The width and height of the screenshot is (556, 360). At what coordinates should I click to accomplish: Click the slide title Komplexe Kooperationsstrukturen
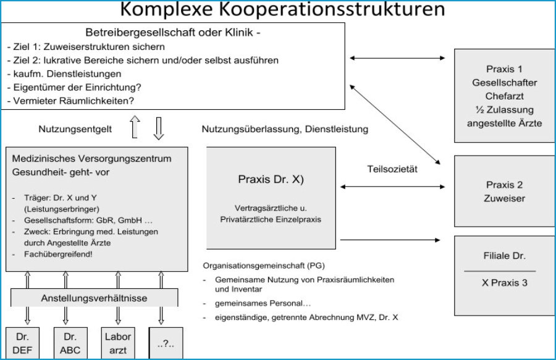click(x=282, y=10)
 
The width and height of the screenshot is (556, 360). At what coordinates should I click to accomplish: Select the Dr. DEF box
click(x=25, y=343)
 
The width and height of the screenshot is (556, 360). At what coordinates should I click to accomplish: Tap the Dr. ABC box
click(x=69, y=343)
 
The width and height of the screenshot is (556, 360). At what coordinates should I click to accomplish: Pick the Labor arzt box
click(x=117, y=343)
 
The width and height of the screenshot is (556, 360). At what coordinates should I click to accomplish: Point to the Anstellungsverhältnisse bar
click(x=93, y=298)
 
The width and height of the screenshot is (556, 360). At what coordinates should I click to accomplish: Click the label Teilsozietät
click(x=393, y=169)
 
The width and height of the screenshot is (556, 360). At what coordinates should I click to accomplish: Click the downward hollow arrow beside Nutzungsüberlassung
click(x=159, y=127)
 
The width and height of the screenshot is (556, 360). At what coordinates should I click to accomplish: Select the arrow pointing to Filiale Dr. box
click(x=392, y=239)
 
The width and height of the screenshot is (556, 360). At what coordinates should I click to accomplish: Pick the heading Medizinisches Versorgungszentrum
click(x=92, y=159)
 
